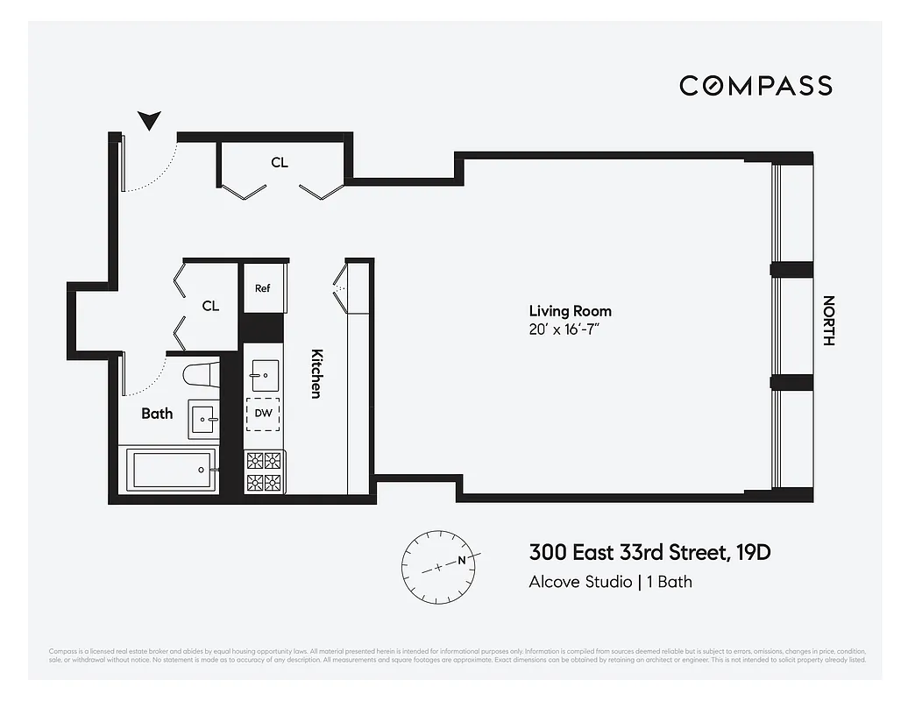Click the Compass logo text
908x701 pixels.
coord(755,85)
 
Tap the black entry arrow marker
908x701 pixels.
coord(150,121)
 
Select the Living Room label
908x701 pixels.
coord(570,311)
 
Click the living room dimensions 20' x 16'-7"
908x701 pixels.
coord(570,329)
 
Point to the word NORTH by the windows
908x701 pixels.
coord(827,321)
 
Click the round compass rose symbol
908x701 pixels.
coord(438,566)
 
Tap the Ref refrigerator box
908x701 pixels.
coord(263,288)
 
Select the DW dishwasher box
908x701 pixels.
coord(264,414)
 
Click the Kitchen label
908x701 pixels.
coord(317,373)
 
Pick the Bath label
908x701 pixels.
coord(157,413)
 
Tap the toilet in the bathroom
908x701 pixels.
coord(202,374)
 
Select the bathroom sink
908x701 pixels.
coord(204,420)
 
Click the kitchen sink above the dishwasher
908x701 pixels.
coord(264,375)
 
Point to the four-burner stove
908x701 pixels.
coord(264,471)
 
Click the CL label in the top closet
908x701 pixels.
coord(280,162)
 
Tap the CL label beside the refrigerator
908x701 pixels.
coord(210,306)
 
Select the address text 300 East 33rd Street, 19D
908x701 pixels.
coord(649,553)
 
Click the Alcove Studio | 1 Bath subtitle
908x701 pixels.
coord(610,582)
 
